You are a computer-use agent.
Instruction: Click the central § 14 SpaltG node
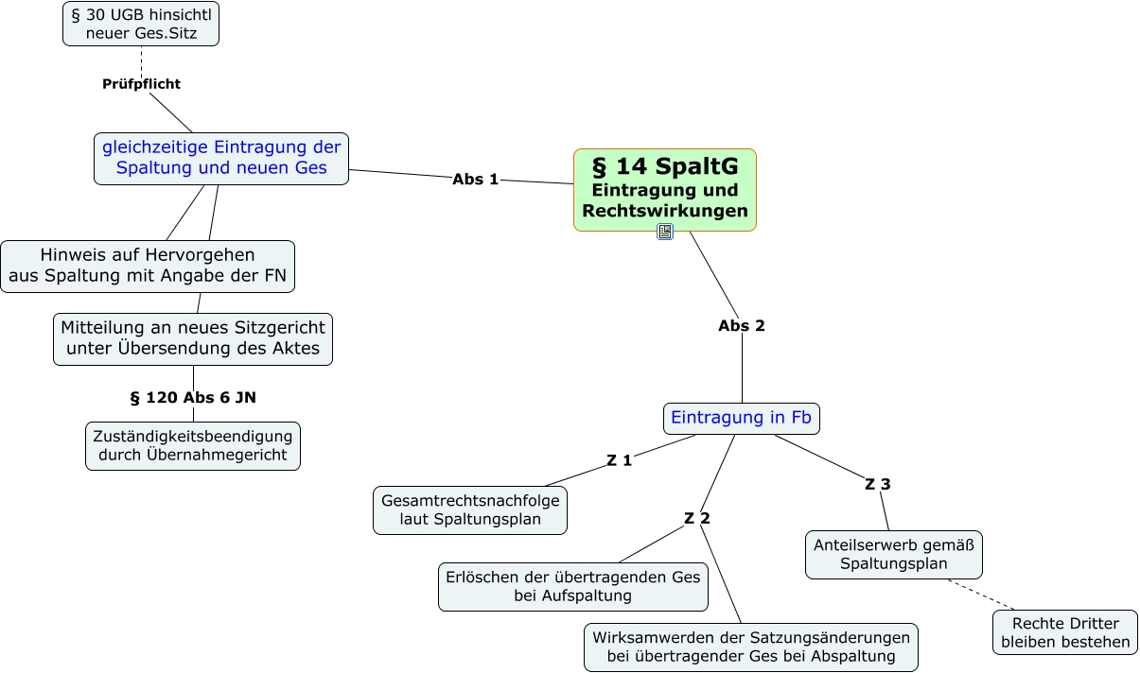point(665,190)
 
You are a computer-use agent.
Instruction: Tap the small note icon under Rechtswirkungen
point(665,232)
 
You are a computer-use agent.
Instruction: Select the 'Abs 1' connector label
point(475,180)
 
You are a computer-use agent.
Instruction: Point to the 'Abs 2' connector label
point(742,326)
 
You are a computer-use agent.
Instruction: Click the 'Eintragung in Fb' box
point(742,419)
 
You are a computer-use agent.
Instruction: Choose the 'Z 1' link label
point(620,460)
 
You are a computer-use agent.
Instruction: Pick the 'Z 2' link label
point(696,518)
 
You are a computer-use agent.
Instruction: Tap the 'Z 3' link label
point(878,484)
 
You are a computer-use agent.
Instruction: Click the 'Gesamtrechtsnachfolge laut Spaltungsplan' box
point(470,510)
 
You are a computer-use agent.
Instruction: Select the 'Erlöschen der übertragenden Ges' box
point(573,587)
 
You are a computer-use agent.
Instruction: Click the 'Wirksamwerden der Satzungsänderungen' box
point(751,647)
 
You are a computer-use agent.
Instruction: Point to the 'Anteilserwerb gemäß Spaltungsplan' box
point(894,555)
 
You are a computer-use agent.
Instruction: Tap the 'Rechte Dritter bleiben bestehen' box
point(1065,632)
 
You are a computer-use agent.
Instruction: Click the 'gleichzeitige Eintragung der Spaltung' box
point(221,159)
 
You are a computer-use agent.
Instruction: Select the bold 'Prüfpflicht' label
point(142,84)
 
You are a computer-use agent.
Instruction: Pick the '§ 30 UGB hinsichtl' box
point(141,24)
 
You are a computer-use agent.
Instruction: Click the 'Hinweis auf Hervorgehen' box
point(148,267)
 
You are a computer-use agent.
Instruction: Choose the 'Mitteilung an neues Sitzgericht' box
point(193,339)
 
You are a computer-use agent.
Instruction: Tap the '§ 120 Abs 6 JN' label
point(193,398)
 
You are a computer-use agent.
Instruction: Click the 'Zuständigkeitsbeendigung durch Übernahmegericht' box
point(193,446)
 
